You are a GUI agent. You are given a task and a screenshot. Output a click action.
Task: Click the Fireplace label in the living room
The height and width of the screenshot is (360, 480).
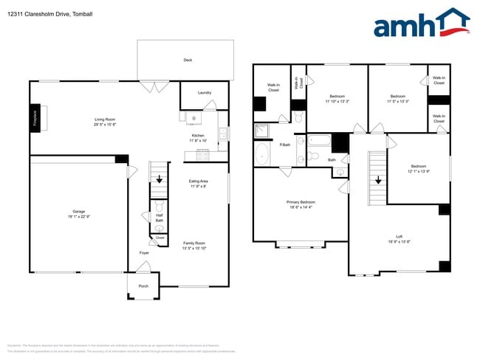tap(35, 118)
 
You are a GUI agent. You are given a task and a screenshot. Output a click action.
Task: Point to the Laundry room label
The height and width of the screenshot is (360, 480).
tap(205, 93)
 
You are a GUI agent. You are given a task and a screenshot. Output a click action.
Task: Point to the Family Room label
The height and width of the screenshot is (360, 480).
tap(193, 246)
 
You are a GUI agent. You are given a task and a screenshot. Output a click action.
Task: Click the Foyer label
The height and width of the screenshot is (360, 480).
tap(144, 253)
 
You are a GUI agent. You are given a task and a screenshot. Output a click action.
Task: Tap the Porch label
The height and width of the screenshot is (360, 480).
tap(143, 286)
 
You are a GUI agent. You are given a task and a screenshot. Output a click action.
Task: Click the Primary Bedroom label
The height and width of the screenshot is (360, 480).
tap(301, 204)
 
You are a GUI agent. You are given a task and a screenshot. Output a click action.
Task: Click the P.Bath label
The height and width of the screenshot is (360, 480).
tap(284, 145)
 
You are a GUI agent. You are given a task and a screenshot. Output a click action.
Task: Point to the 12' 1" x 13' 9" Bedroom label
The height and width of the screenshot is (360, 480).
tap(419, 169)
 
